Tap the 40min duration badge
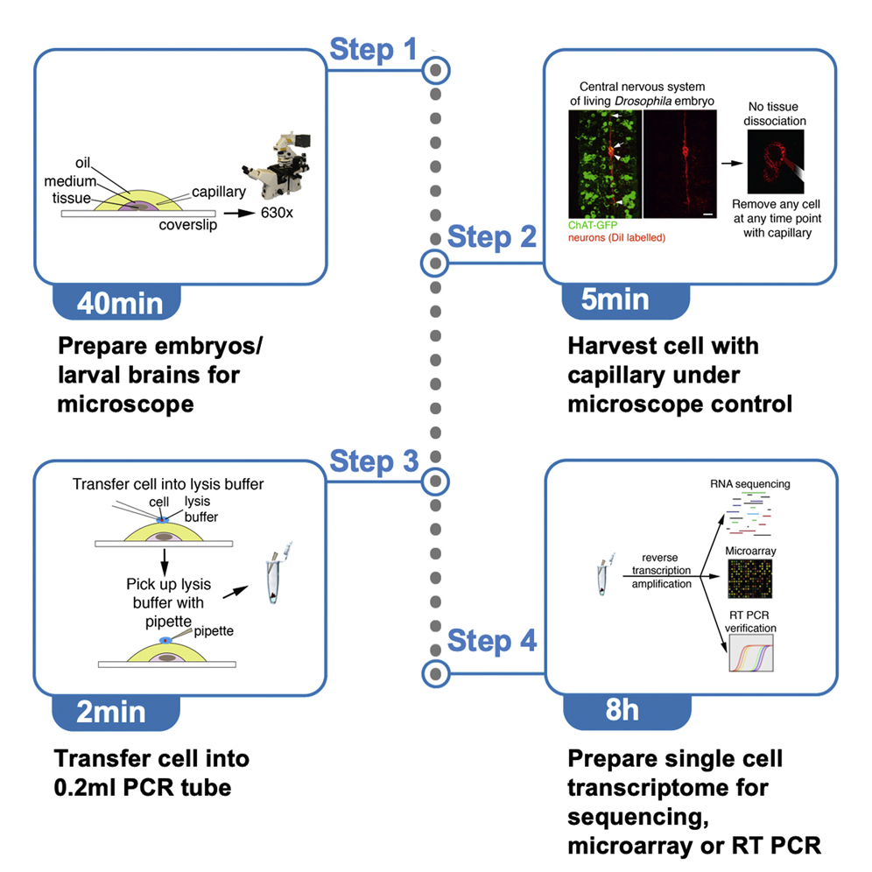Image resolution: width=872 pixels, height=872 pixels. tap(119, 301)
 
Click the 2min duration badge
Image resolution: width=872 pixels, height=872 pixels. tap(112, 711)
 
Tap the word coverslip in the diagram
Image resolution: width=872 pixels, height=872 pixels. tap(185, 225)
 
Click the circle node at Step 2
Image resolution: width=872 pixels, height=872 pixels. tap(435, 261)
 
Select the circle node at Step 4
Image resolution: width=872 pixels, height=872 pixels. tap(435, 672)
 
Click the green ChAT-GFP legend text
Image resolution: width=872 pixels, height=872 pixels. tap(592, 226)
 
